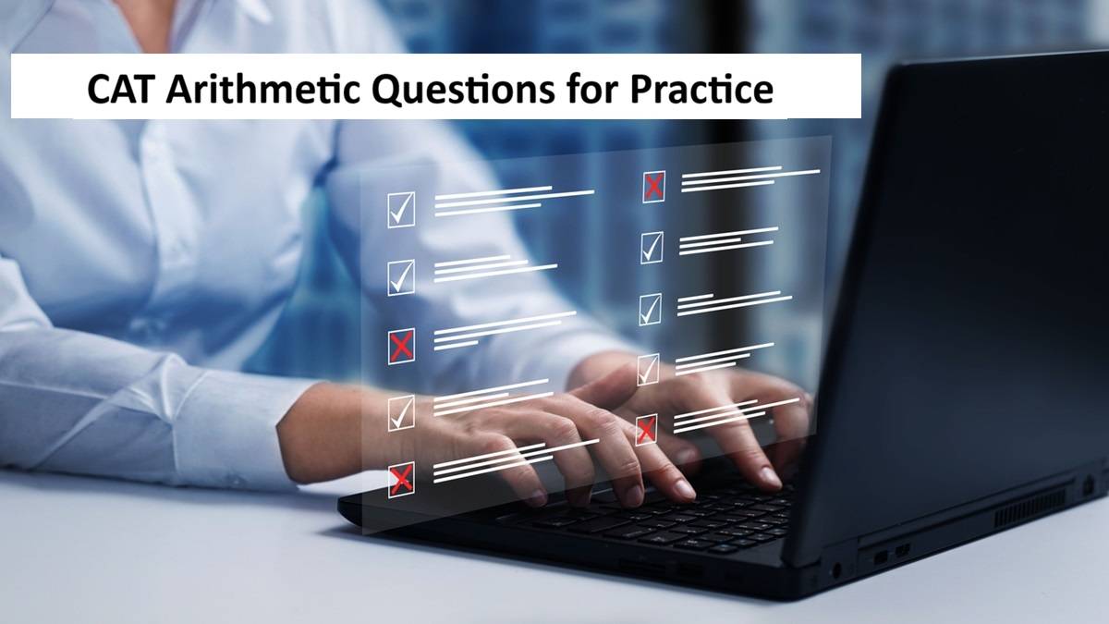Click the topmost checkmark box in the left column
[x=401, y=210]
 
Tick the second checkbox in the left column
[x=401, y=277]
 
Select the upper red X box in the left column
[x=401, y=346]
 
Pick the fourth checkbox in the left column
[x=401, y=413]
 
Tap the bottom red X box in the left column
[x=401, y=480]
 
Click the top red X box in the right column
[x=653, y=187]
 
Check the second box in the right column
[x=652, y=248]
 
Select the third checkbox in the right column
[x=650, y=310]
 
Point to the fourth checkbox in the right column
[x=648, y=370]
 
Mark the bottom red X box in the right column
[x=647, y=430]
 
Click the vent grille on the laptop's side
[x=1030, y=508]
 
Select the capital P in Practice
[x=640, y=90]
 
